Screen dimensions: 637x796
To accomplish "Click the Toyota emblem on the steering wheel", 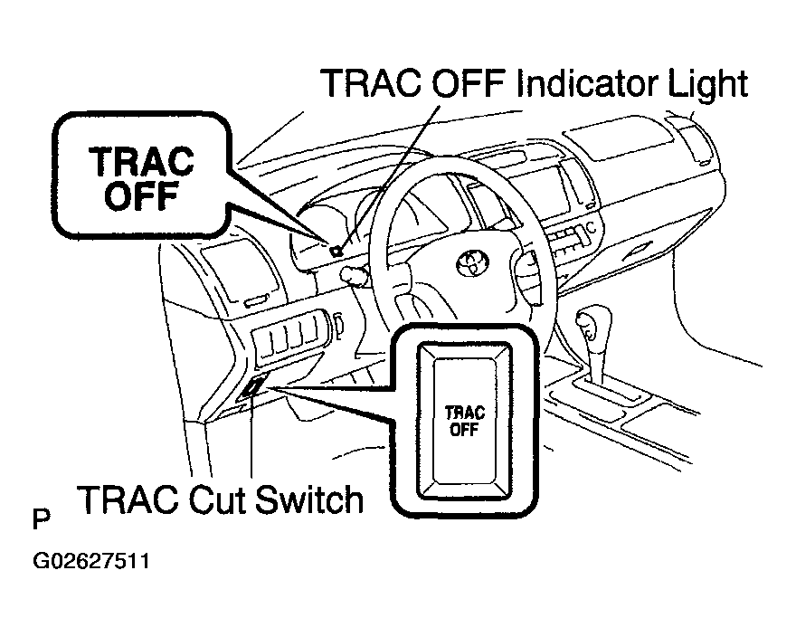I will pyautogui.click(x=471, y=263).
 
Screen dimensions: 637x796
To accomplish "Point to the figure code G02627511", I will pyautogui.click(x=91, y=561).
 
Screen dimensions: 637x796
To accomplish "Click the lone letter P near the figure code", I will pyautogui.click(x=41, y=520).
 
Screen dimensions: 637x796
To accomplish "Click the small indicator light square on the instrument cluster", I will pyautogui.click(x=336, y=252).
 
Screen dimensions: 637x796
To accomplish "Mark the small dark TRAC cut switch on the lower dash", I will pyautogui.click(x=252, y=388).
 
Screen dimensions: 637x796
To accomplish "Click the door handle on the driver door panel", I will pyautogui.click(x=255, y=299).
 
